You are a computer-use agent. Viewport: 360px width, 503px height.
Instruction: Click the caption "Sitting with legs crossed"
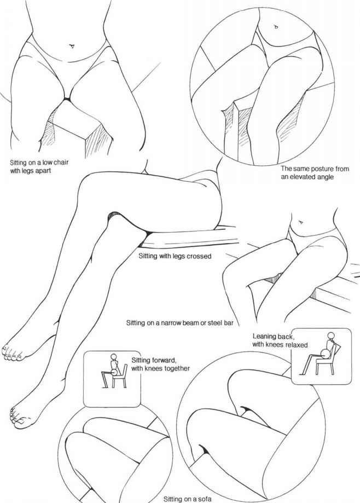[x=175, y=256]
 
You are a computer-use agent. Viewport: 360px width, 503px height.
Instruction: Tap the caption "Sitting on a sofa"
[x=187, y=499]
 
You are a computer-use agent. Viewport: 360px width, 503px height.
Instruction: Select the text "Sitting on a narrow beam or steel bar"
[x=179, y=323]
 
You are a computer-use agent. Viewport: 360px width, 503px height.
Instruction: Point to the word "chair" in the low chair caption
[x=61, y=163]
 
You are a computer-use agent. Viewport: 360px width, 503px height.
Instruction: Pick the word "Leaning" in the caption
[x=264, y=337]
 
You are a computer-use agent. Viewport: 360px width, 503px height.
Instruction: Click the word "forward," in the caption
[x=164, y=360]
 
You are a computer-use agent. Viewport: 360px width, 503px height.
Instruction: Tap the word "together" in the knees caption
[x=176, y=368]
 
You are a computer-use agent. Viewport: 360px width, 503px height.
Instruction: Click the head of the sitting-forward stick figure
[x=114, y=357]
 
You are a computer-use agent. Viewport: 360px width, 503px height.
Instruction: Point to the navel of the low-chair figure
[x=72, y=46]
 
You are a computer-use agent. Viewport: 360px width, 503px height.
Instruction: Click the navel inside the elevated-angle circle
[x=276, y=27]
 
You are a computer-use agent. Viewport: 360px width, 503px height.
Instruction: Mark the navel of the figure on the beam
[x=300, y=222]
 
